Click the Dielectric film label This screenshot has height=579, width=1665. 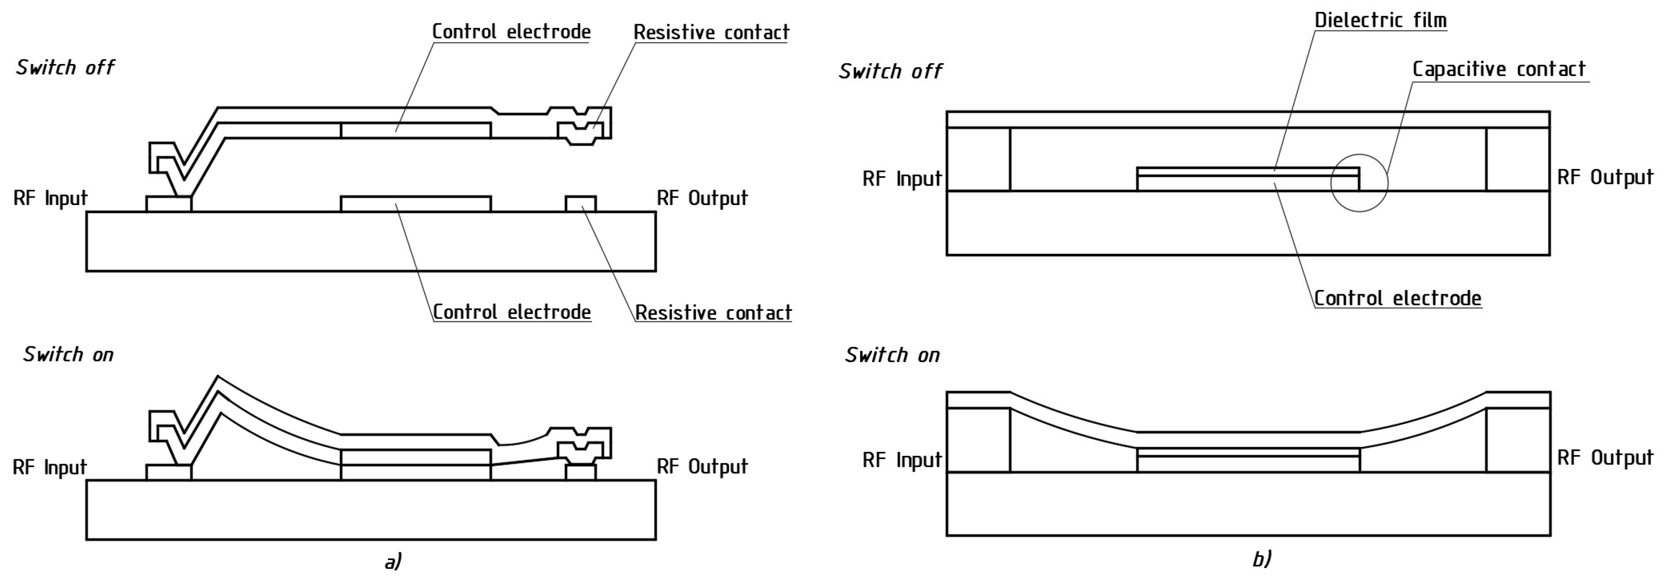point(1380,20)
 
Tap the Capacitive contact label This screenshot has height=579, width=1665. point(1498,69)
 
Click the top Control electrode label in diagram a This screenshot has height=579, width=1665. point(511,32)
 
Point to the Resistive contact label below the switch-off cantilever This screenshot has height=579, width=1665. point(712,313)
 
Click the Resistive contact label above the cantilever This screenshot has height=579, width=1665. point(711,32)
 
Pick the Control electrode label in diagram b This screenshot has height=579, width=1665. point(1398,298)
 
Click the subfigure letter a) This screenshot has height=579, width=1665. point(392,560)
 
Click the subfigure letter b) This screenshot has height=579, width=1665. point(1262,559)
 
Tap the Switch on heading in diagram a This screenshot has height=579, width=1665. point(68,355)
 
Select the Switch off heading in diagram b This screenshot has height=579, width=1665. point(890,71)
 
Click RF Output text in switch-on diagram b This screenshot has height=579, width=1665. point(1604,458)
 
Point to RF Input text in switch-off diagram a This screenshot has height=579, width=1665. point(50,198)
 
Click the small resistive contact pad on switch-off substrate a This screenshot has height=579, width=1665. point(580,204)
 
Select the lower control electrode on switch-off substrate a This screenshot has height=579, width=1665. point(415,204)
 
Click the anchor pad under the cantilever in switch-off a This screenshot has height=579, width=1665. point(169,204)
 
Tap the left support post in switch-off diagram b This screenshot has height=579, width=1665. point(978,159)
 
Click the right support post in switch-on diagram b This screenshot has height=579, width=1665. point(1518,440)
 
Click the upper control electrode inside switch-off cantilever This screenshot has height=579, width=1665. point(415,130)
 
